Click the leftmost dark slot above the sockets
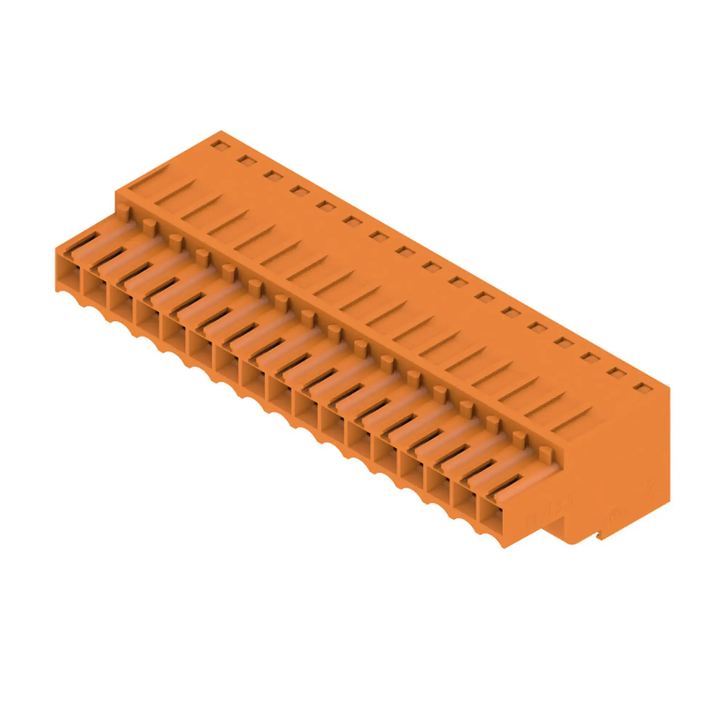click(x=86, y=240)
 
